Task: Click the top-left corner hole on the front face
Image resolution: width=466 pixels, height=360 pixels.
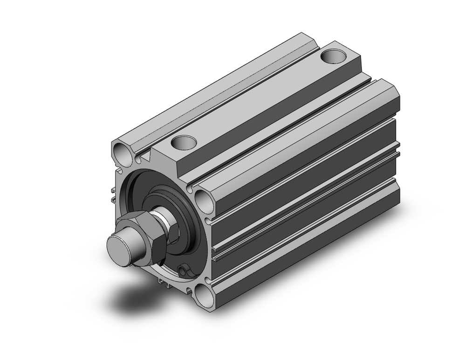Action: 122,152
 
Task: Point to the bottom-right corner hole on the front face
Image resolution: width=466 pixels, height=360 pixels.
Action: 203,294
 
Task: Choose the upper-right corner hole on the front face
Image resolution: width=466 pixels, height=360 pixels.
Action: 204,200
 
